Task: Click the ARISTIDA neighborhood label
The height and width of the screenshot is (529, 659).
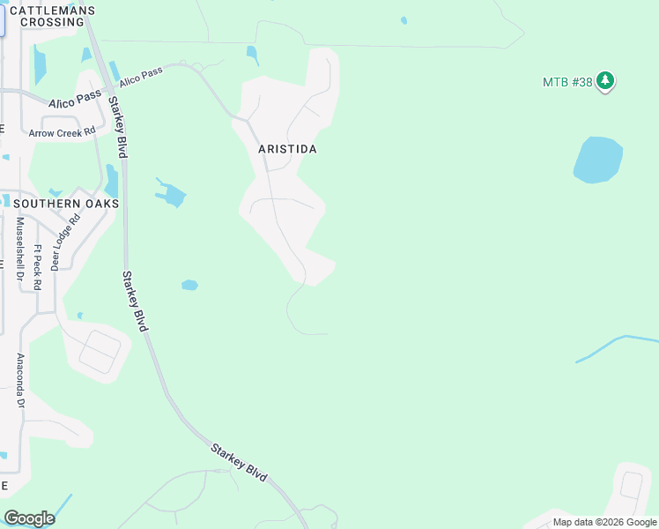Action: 287,149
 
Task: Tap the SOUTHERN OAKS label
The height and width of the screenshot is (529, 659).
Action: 67,204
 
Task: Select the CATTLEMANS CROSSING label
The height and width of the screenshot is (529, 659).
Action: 52,15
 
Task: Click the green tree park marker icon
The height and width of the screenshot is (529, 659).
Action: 604,81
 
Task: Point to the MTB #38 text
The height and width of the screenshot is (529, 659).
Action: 566,82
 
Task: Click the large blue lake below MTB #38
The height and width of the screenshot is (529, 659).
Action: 598,160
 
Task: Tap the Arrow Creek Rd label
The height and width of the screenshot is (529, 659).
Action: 62,133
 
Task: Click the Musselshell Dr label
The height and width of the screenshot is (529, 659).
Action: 19,250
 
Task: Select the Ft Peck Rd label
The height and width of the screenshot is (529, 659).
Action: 37,267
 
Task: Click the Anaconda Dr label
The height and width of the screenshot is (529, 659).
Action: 19,381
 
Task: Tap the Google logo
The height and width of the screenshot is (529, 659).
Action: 29,518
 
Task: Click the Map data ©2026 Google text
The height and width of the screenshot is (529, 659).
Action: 604,523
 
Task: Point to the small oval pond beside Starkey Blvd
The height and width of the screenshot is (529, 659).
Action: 189,285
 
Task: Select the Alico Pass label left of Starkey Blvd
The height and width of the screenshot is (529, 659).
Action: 74,101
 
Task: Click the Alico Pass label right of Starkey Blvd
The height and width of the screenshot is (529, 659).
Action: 142,77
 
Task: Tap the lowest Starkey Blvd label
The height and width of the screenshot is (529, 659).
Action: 239,461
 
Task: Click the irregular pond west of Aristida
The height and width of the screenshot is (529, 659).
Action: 172,194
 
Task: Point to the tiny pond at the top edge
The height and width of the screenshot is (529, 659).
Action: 404,20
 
